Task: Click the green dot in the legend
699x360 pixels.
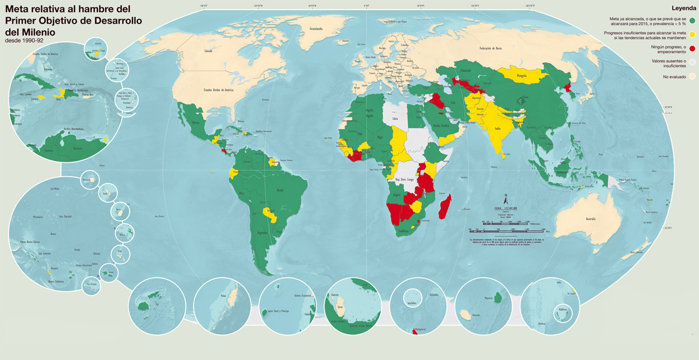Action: tap(692, 21)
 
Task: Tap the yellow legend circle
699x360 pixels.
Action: tap(692, 34)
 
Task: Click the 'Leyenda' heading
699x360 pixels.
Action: tap(683, 8)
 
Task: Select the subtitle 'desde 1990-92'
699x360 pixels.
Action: tap(23, 41)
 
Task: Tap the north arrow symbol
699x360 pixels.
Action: tap(506, 200)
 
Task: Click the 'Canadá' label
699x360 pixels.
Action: tap(209, 51)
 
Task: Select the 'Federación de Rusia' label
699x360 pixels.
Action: tap(490, 49)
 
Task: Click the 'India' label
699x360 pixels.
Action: tap(497, 128)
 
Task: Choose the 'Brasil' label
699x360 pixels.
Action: tap(281, 190)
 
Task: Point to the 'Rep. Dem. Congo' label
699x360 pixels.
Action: tap(404, 180)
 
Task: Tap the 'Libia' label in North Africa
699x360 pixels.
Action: tap(396, 119)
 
